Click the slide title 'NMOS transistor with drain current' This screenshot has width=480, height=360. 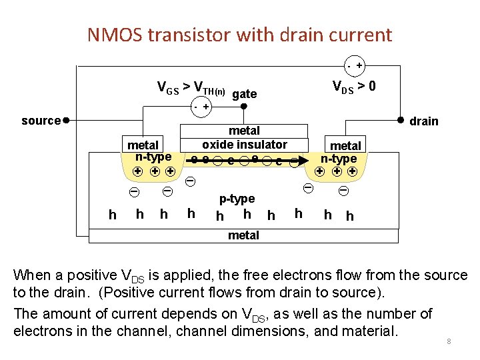[239, 34]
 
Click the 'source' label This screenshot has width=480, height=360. [41, 121]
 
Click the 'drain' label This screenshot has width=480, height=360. [424, 121]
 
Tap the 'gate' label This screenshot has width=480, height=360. [245, 94]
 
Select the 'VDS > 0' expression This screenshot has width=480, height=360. [359, 87]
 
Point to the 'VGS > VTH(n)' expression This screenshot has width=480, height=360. [191, 87]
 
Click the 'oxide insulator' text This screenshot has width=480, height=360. [245, 145]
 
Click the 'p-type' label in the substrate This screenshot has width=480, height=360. [237, 199]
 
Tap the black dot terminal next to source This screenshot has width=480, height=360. [66, 121]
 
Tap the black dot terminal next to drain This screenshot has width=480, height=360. [401, 120]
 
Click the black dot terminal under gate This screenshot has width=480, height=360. [244, 106]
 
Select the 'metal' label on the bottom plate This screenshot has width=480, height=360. [243, 235]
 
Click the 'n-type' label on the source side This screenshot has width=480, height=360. [153, 157]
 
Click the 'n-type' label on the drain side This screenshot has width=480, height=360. [339, 159]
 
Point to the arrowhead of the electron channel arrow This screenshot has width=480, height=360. [304, 160]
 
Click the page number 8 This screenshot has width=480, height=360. [449, 341]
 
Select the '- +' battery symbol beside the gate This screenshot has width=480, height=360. [199, 107]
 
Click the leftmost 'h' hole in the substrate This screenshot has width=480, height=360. [112, 214]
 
